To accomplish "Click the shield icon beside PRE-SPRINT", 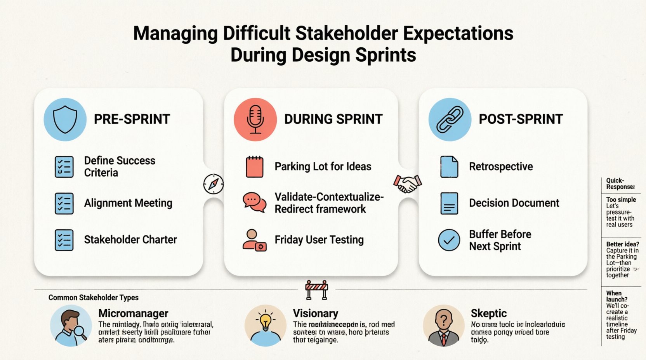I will click(65, 119).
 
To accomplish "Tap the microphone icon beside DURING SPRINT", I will click(255, 119).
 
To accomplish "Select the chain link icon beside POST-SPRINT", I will click(450, 119).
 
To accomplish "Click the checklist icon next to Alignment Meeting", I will click(64, 203).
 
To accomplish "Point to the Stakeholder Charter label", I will click(130, 240).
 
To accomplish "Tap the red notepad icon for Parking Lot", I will click(255, 167).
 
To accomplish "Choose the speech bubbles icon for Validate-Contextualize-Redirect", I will click(254, 202).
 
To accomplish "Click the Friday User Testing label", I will click(319, 240).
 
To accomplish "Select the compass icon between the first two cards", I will click(214, 184).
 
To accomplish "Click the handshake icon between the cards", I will click(407, 183).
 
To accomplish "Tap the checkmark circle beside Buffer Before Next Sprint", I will click(449, 240).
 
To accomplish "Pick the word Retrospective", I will click(501, 167).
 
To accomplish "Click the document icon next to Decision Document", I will click(449, 203).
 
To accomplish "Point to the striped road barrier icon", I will click(316, 289).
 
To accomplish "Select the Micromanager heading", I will click(133, 313).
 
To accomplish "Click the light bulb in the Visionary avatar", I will click(265, 321).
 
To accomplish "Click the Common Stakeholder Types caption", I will click(93, 298).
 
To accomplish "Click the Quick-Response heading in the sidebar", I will click(620, 183).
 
